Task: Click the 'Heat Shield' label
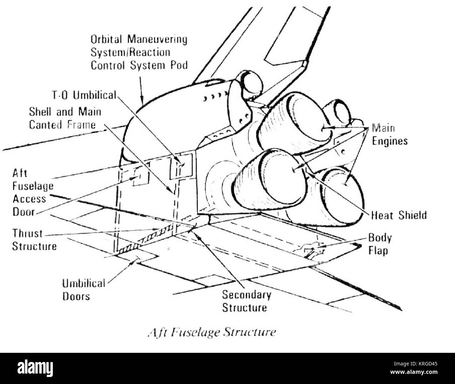399,215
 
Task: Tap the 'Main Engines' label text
390,135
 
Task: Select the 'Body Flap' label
380,244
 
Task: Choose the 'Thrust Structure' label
34,240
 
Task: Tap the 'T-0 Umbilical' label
84,95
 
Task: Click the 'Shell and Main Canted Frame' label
65,118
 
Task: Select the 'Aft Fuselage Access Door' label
33,192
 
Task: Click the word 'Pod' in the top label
179,65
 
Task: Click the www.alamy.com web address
414,372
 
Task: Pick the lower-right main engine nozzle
341,196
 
